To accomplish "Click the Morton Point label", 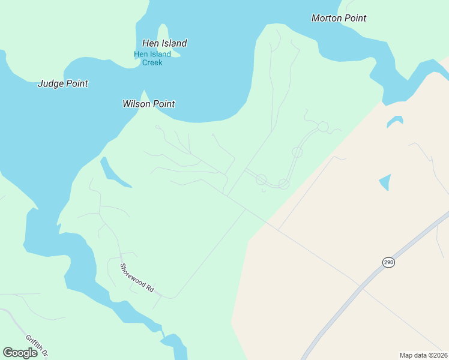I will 339,18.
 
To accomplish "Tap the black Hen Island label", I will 164,43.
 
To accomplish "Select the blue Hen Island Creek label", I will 152,58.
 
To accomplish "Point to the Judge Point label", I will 62,83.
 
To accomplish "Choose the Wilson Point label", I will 148,104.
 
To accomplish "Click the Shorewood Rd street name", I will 137,278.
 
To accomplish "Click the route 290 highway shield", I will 388,262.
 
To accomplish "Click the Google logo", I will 20,353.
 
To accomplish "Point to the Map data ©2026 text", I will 423,355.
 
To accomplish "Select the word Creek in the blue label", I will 152,62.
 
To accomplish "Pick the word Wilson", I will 136,104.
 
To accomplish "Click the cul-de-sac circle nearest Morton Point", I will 323,127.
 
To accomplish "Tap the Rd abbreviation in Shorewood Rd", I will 150,289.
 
